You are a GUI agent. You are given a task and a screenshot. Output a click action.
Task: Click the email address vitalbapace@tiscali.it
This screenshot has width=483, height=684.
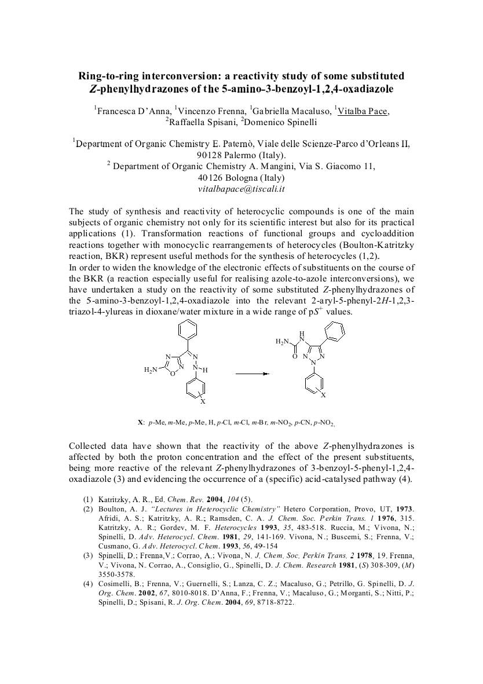click(x=241, y=189)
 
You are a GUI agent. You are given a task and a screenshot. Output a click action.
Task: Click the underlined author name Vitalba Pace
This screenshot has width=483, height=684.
click(x=363, y=111)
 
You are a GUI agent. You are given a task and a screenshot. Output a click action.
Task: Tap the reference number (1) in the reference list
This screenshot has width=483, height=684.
click(x=87, y=499)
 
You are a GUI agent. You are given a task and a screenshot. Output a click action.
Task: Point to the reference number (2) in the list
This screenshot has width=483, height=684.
click(x=87, y=509)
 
